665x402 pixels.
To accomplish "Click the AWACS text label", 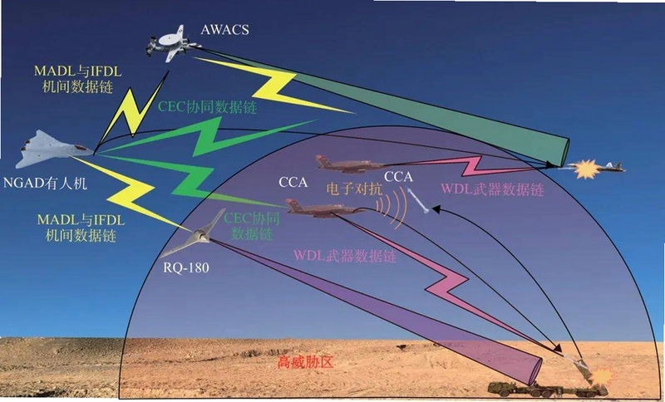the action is (224, 30).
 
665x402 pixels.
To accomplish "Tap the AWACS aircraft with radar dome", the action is (172, 43).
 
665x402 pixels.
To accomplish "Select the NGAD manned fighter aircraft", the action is (54, 149).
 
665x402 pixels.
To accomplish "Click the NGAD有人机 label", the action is (45, 184).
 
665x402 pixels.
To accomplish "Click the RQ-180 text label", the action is (186, 267).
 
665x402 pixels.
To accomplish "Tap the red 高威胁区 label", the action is (305, 363).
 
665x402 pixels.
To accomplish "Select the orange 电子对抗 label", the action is (354, 189).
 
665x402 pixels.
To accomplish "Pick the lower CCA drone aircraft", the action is (324, 208).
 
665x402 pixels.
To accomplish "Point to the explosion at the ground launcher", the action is (602, 375).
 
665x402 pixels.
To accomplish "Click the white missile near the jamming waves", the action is (418, 200).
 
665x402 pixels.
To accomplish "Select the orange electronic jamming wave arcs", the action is (390, 206).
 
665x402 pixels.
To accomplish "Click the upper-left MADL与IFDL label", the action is (78, 79).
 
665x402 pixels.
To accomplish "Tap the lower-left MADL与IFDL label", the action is (81, 228).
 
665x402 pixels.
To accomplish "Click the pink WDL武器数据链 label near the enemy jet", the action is (492, 189).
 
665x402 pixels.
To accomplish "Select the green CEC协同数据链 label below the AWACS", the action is (207, 107).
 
